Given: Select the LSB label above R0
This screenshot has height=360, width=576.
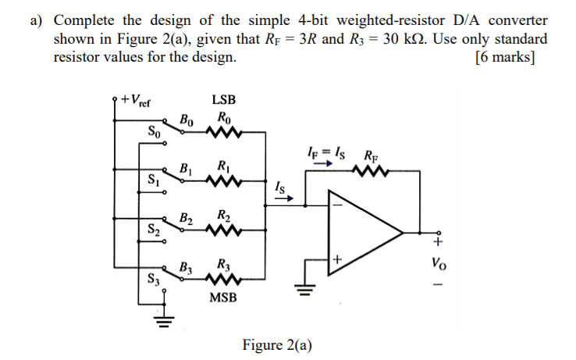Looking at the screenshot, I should pos(223,100).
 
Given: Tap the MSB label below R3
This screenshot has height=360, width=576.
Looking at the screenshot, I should pos(224,298).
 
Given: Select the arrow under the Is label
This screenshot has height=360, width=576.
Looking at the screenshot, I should pos(285,198).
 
